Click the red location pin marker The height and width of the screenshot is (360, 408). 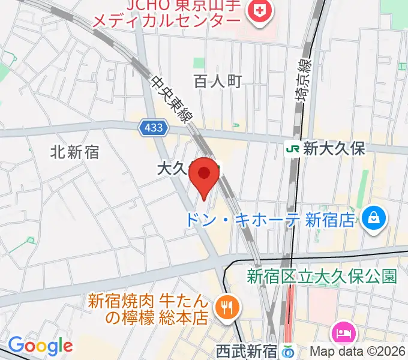pyautogui.click(x=204, y=175)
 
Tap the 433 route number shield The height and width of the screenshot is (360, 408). pyautogui.click(x=152, y=128)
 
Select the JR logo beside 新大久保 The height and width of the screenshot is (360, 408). pyautogui.click(x=293, y=149)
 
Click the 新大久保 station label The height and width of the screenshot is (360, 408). pyautogui.click(x=334, y=149)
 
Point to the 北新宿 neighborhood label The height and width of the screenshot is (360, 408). pyautogui.click(x=75, y=152)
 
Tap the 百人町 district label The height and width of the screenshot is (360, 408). pyautogui.click(x=217, y=82)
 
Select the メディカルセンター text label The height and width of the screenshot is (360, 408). pyautogui.click(x=166, y=22)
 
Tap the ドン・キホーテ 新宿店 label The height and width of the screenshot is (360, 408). pyautogui.click(x=269, y=220)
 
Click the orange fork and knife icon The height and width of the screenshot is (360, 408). pyautogui.click(x=227, y=308)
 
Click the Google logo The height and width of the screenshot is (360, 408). pyautogui.click(x=40, y=346)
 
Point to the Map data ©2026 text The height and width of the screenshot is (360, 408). pyautogui.click(x=357, y=351)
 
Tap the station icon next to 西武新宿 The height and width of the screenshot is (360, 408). pyautogui.click(x=289, y=350)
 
